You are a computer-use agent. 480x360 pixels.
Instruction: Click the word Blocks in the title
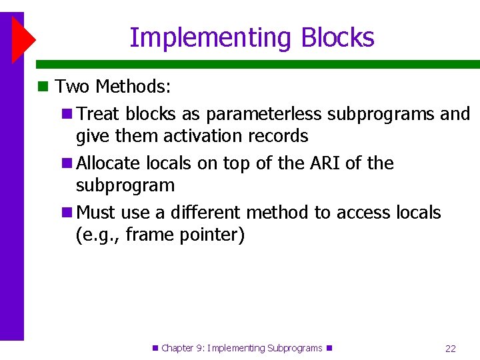[337, 38]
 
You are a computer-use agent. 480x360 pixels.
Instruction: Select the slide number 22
[450, 348]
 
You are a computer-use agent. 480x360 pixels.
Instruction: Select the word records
[278, 136]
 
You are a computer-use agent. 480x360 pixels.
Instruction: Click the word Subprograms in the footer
[294, 348]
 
